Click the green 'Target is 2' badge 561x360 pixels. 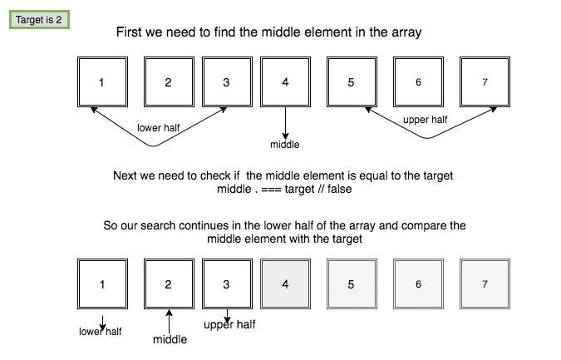tap(39, 19)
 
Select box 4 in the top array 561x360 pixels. tap(285, 82)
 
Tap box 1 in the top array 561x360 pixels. tap(101, 82)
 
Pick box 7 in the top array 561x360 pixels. tap(485, 82)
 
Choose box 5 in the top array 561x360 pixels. tap(351, 82)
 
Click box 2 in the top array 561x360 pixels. tap(168, 82)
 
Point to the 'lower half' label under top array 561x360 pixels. tap(160, 127)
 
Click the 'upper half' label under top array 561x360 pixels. tap(425, 120)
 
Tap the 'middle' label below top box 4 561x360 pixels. tap(285, 145)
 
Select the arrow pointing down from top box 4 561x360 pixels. tap(285, 123)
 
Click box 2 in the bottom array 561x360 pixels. tap(168, 284)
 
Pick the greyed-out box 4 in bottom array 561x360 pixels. tap(285, 284)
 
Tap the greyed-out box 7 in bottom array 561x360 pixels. tap(485, 284)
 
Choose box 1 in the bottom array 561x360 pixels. tap(101, 284)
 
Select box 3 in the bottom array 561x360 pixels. tap(227, 284)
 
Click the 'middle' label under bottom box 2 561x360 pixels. tap(170, 339)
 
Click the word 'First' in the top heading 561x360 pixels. tap(132, 32)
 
